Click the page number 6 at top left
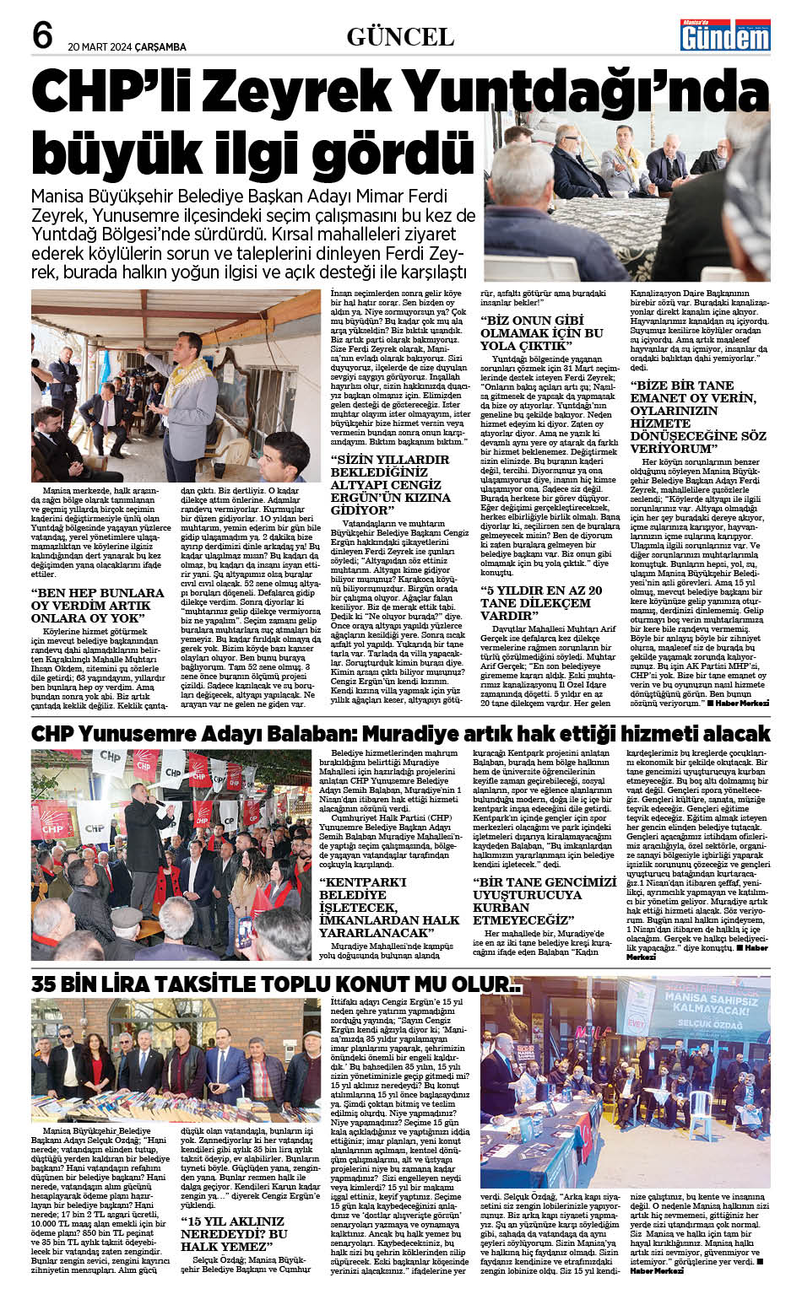[x=43, y=35]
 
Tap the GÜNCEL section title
[x=400, y=36]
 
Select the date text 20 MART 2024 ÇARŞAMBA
[x=127, y=47]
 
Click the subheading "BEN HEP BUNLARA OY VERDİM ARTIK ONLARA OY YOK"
[x=97, y=605]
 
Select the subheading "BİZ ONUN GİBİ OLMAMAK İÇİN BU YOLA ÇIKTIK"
[x=541, y=333]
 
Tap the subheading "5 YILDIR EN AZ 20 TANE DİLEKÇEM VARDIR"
[x=541, y=603]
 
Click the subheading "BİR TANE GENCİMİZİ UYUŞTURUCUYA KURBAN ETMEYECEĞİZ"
[x=545, y=900]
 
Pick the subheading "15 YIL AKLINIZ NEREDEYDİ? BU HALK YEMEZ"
[x=234, y=1232]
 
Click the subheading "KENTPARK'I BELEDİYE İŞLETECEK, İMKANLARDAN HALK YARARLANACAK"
[x=389, y=907]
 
